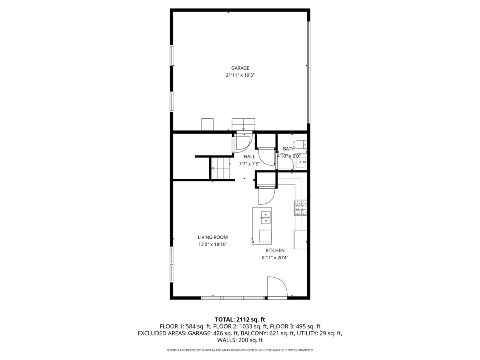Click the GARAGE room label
tap(240, 68)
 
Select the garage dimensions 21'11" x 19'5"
tap(240, 75)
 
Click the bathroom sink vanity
tap(301, 162)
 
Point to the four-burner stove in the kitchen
tap(300, 207)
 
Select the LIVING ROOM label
tap(212, 237)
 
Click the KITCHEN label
tap(275, 250)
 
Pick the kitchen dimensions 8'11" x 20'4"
tap(275, 258)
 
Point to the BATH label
tap(288, 149)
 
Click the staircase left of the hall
tap(220, 168)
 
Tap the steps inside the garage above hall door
tap(243, 124)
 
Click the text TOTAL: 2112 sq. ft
tap(240, 319)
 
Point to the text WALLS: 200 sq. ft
tap(240, 340)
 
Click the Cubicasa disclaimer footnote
tap(240, 350)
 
